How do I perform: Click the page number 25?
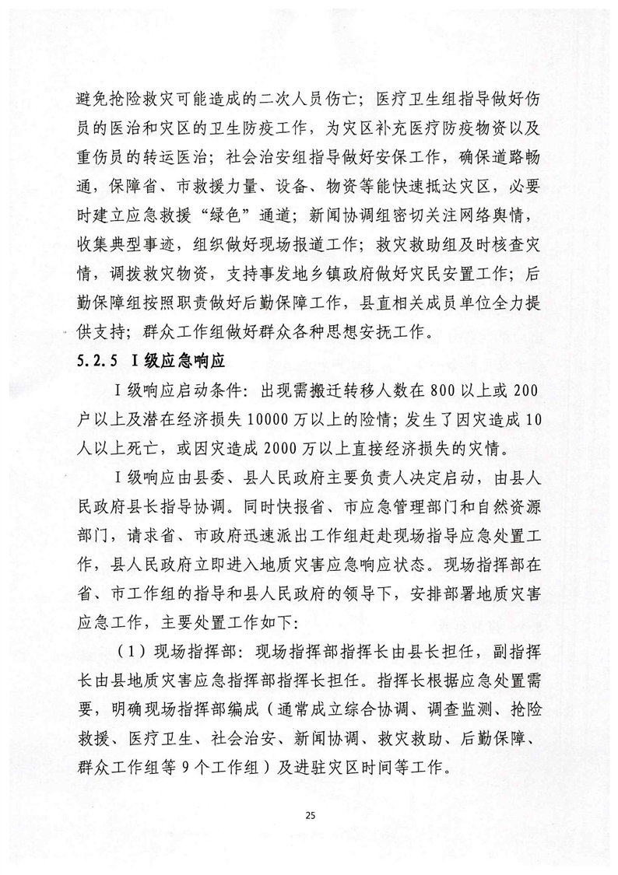click(x=309, y=815)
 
